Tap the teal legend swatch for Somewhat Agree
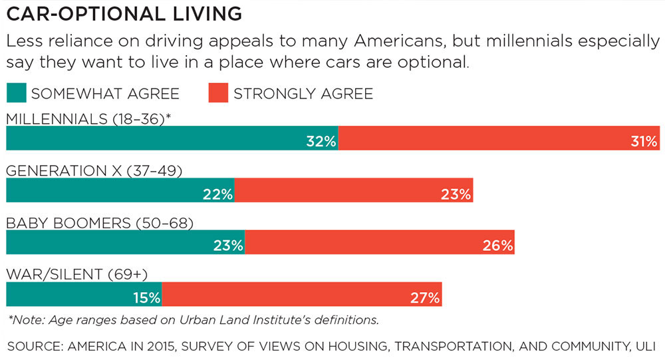[x=16, y=93]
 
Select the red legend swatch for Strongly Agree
[x=218, y=93]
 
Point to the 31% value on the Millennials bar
[x=644, y=141]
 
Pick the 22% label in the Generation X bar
[x=217, y=194]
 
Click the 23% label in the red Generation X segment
[x=456, y=194]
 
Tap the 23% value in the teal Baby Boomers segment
[x=228, y=245]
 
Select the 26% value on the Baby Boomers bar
[x=498, y=245]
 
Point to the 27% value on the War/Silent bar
[x=425, y=297]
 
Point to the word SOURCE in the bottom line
[x=33, y=346]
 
